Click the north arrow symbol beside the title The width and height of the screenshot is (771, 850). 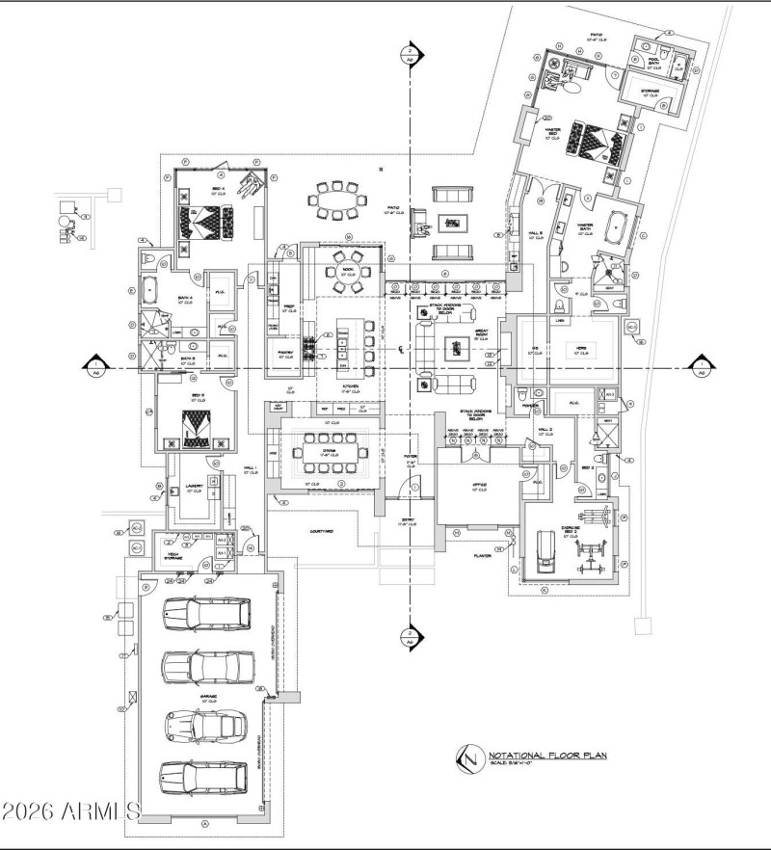[x=469, y=757]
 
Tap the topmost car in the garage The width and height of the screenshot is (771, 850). [x=206, y=613]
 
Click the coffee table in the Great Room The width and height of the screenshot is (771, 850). [x=451, y=349]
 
